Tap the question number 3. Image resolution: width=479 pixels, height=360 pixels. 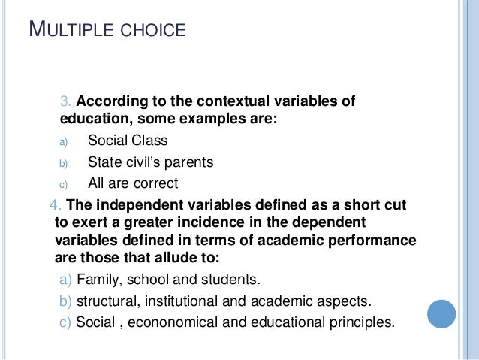pyautogui.click(x=65, y=101)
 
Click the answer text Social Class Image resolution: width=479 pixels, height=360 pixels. pyautogui.click(x=128, y=141)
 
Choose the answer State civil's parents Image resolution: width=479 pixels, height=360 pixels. pyautogui.click(x=150, y=162)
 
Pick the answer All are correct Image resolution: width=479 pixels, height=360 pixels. pyautogui.click(x=133, y=183)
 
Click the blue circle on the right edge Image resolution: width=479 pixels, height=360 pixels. pyautogui.click(x=441, y=314)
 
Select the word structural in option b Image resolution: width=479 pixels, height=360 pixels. pyautogui.click(x=107, y=302)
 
